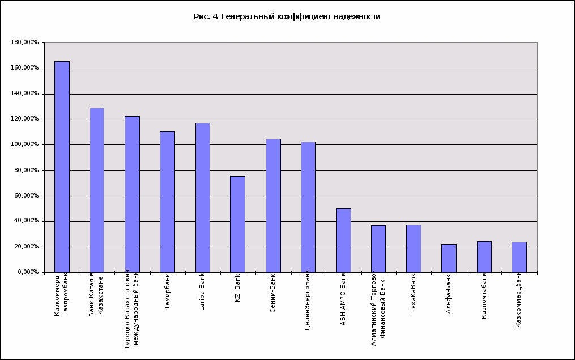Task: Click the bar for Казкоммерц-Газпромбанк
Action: (x=62, y=167)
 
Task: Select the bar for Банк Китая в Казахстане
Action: (x=97, y=190)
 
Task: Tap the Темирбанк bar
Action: (x=167, y=202)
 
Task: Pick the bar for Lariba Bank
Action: (x=202, y=198)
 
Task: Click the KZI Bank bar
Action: (x=237, y=224)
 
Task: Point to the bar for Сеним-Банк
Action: (x=273, y=205)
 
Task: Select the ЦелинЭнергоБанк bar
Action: (x=308, y=207)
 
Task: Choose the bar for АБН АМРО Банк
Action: (x=343, y=241)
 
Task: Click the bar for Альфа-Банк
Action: (x=449, y=258)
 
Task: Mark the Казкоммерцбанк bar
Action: (x=519, y=257)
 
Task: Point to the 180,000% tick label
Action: (x=24, y=42)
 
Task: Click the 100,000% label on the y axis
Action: (x=24, y=144)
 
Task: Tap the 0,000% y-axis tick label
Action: (x=27, y=272)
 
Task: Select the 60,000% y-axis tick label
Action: (x=26, y=196)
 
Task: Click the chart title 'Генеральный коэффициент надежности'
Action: (x=287, y=16)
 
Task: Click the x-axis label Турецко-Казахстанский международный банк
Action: (x=131, y=309)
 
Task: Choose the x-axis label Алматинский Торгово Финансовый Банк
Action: (x=378, y=306)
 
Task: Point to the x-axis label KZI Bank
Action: (x=238, y=288)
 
